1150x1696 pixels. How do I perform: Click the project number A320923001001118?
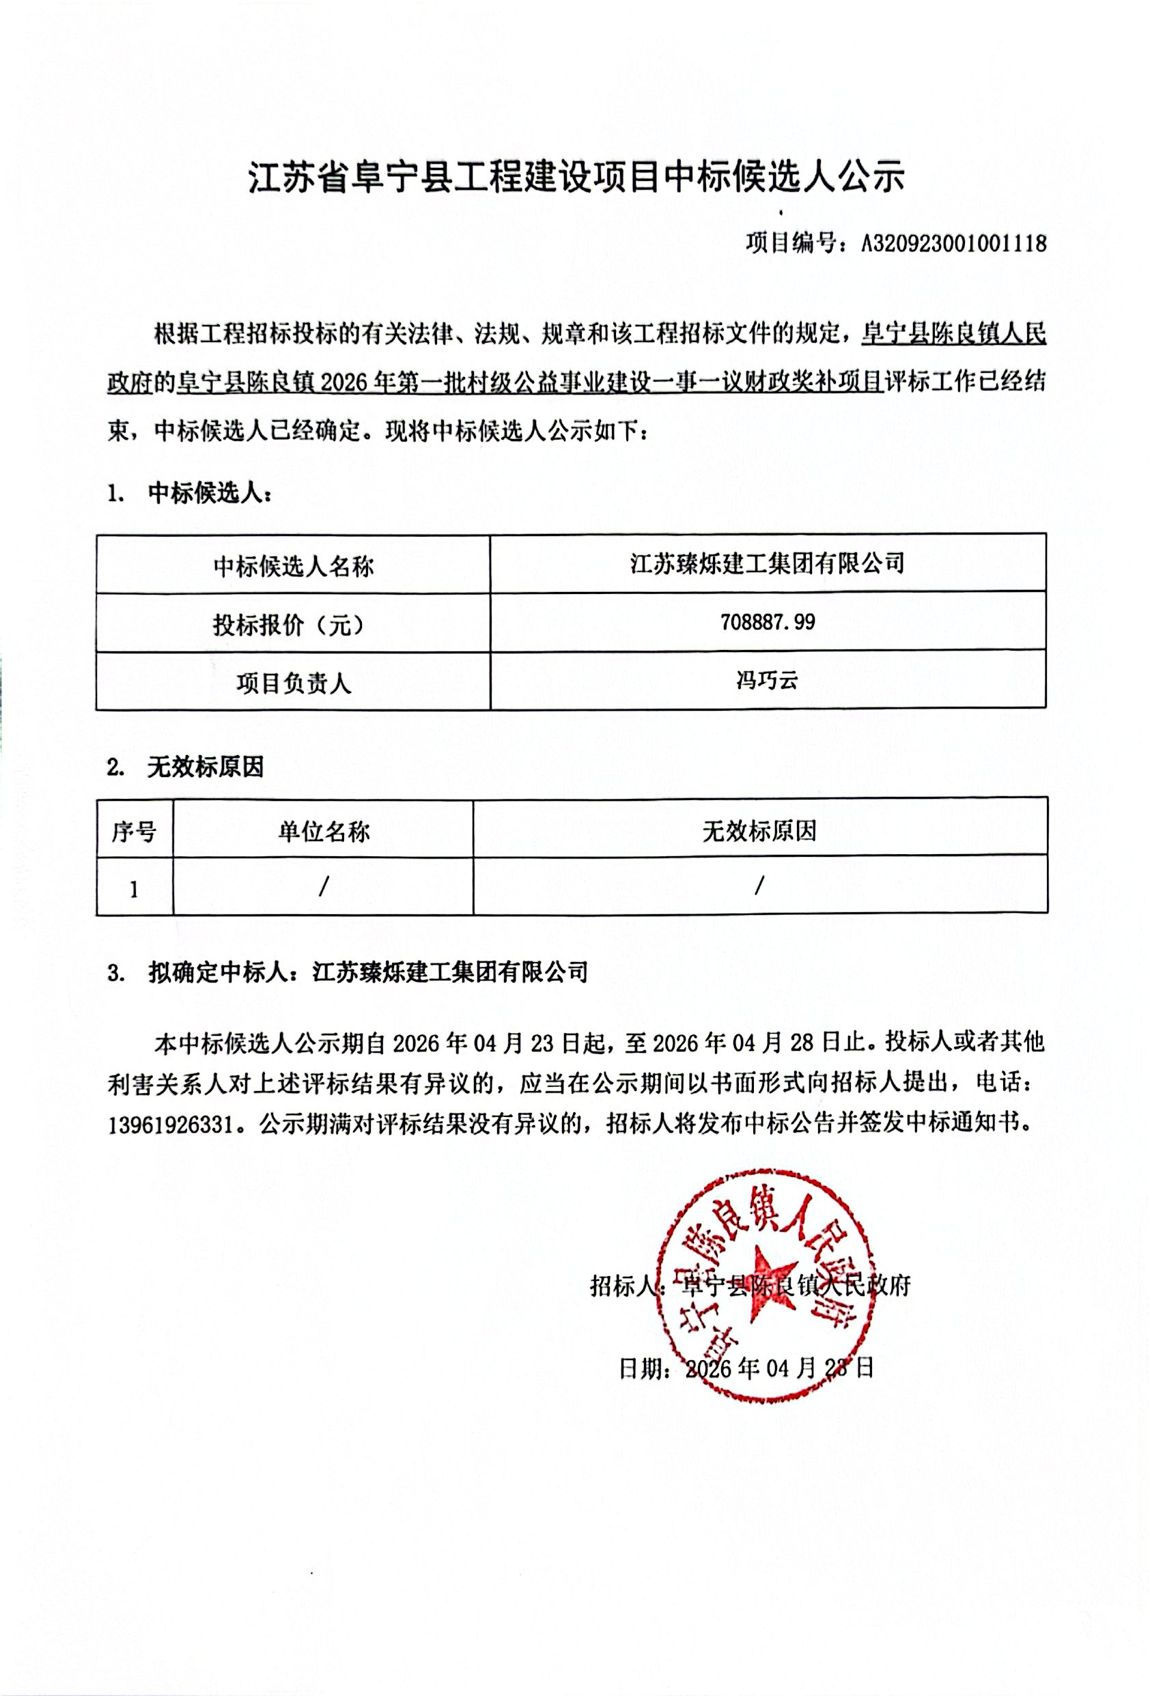tap(954, 243)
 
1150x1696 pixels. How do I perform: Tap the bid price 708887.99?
tap(767, 622)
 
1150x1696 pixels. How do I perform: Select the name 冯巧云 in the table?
tap(767, 680)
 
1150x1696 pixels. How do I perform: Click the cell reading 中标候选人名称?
tap(294, 565)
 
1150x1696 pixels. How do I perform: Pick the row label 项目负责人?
tap(294, 683)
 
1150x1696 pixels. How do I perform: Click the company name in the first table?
tap(767, 563)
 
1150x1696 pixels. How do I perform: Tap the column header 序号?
tap(134, 830)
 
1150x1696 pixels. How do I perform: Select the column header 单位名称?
tap(323, 830)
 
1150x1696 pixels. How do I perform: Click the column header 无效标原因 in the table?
tap(759, 830)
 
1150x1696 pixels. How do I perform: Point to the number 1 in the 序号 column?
tap(134, 889)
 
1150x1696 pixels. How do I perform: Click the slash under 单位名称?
tap(323, 886)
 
